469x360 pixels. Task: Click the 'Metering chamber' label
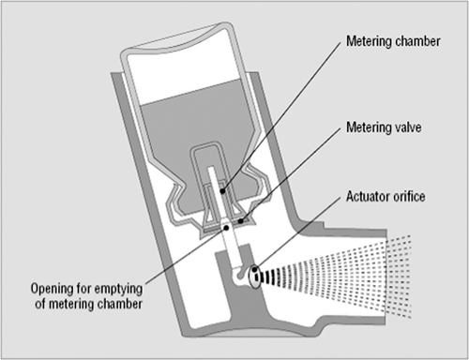[x=393, y=41]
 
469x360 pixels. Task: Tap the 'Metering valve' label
[x=384, y=127]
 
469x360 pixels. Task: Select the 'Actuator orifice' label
[x=386, y=197]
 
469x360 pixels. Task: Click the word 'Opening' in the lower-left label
[x=52, y=289]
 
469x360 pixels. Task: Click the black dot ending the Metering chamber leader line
[x=222, y=190]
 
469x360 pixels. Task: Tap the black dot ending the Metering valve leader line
[x=240, y=221]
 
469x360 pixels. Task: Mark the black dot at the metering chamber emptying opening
[x=226, y=228]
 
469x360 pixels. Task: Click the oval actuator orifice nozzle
[x=255, y=277]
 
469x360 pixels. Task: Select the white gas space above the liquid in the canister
[x=181, y=72]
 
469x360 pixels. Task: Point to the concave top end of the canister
[x=176, y=37]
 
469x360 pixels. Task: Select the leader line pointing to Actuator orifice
[x=297, y=232]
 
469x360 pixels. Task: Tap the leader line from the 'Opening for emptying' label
[x=186, y=256]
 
